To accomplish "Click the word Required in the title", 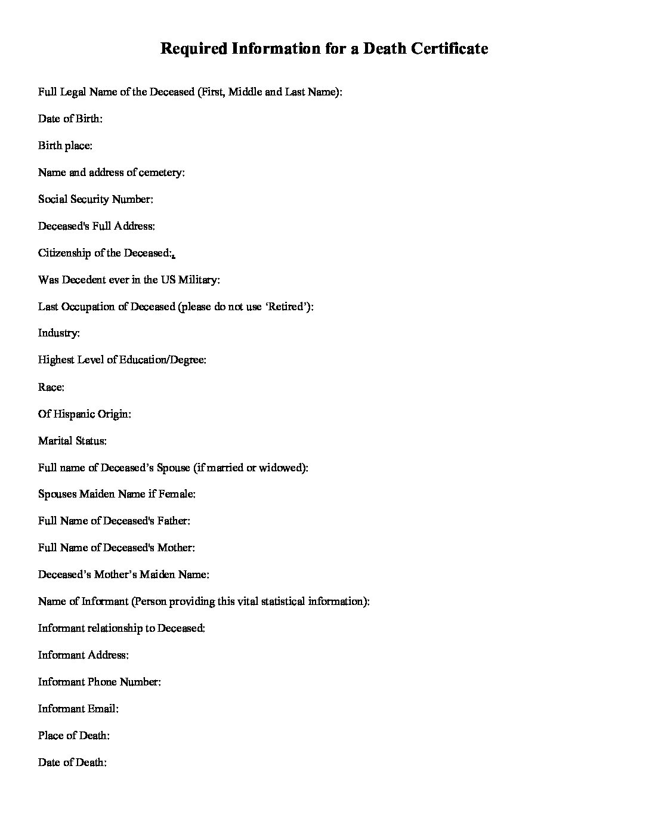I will (193, 48).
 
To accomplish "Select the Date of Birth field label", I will (70, 119).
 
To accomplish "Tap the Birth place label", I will (65, 146).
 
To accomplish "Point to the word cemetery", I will (161, 172).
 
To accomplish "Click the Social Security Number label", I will (95, 199).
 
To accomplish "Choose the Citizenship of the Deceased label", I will (105, 253).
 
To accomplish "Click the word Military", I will (199, 280).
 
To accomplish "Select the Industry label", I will (58, 333).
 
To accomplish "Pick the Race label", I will (51, 387).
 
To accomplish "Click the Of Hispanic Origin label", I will (84, 414).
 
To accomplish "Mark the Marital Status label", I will (72, 441).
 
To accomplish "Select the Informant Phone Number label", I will (99, 681).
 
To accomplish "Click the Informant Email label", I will (78, 708).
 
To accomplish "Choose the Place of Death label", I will (73, 735).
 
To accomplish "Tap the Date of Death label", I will (72, 762).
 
